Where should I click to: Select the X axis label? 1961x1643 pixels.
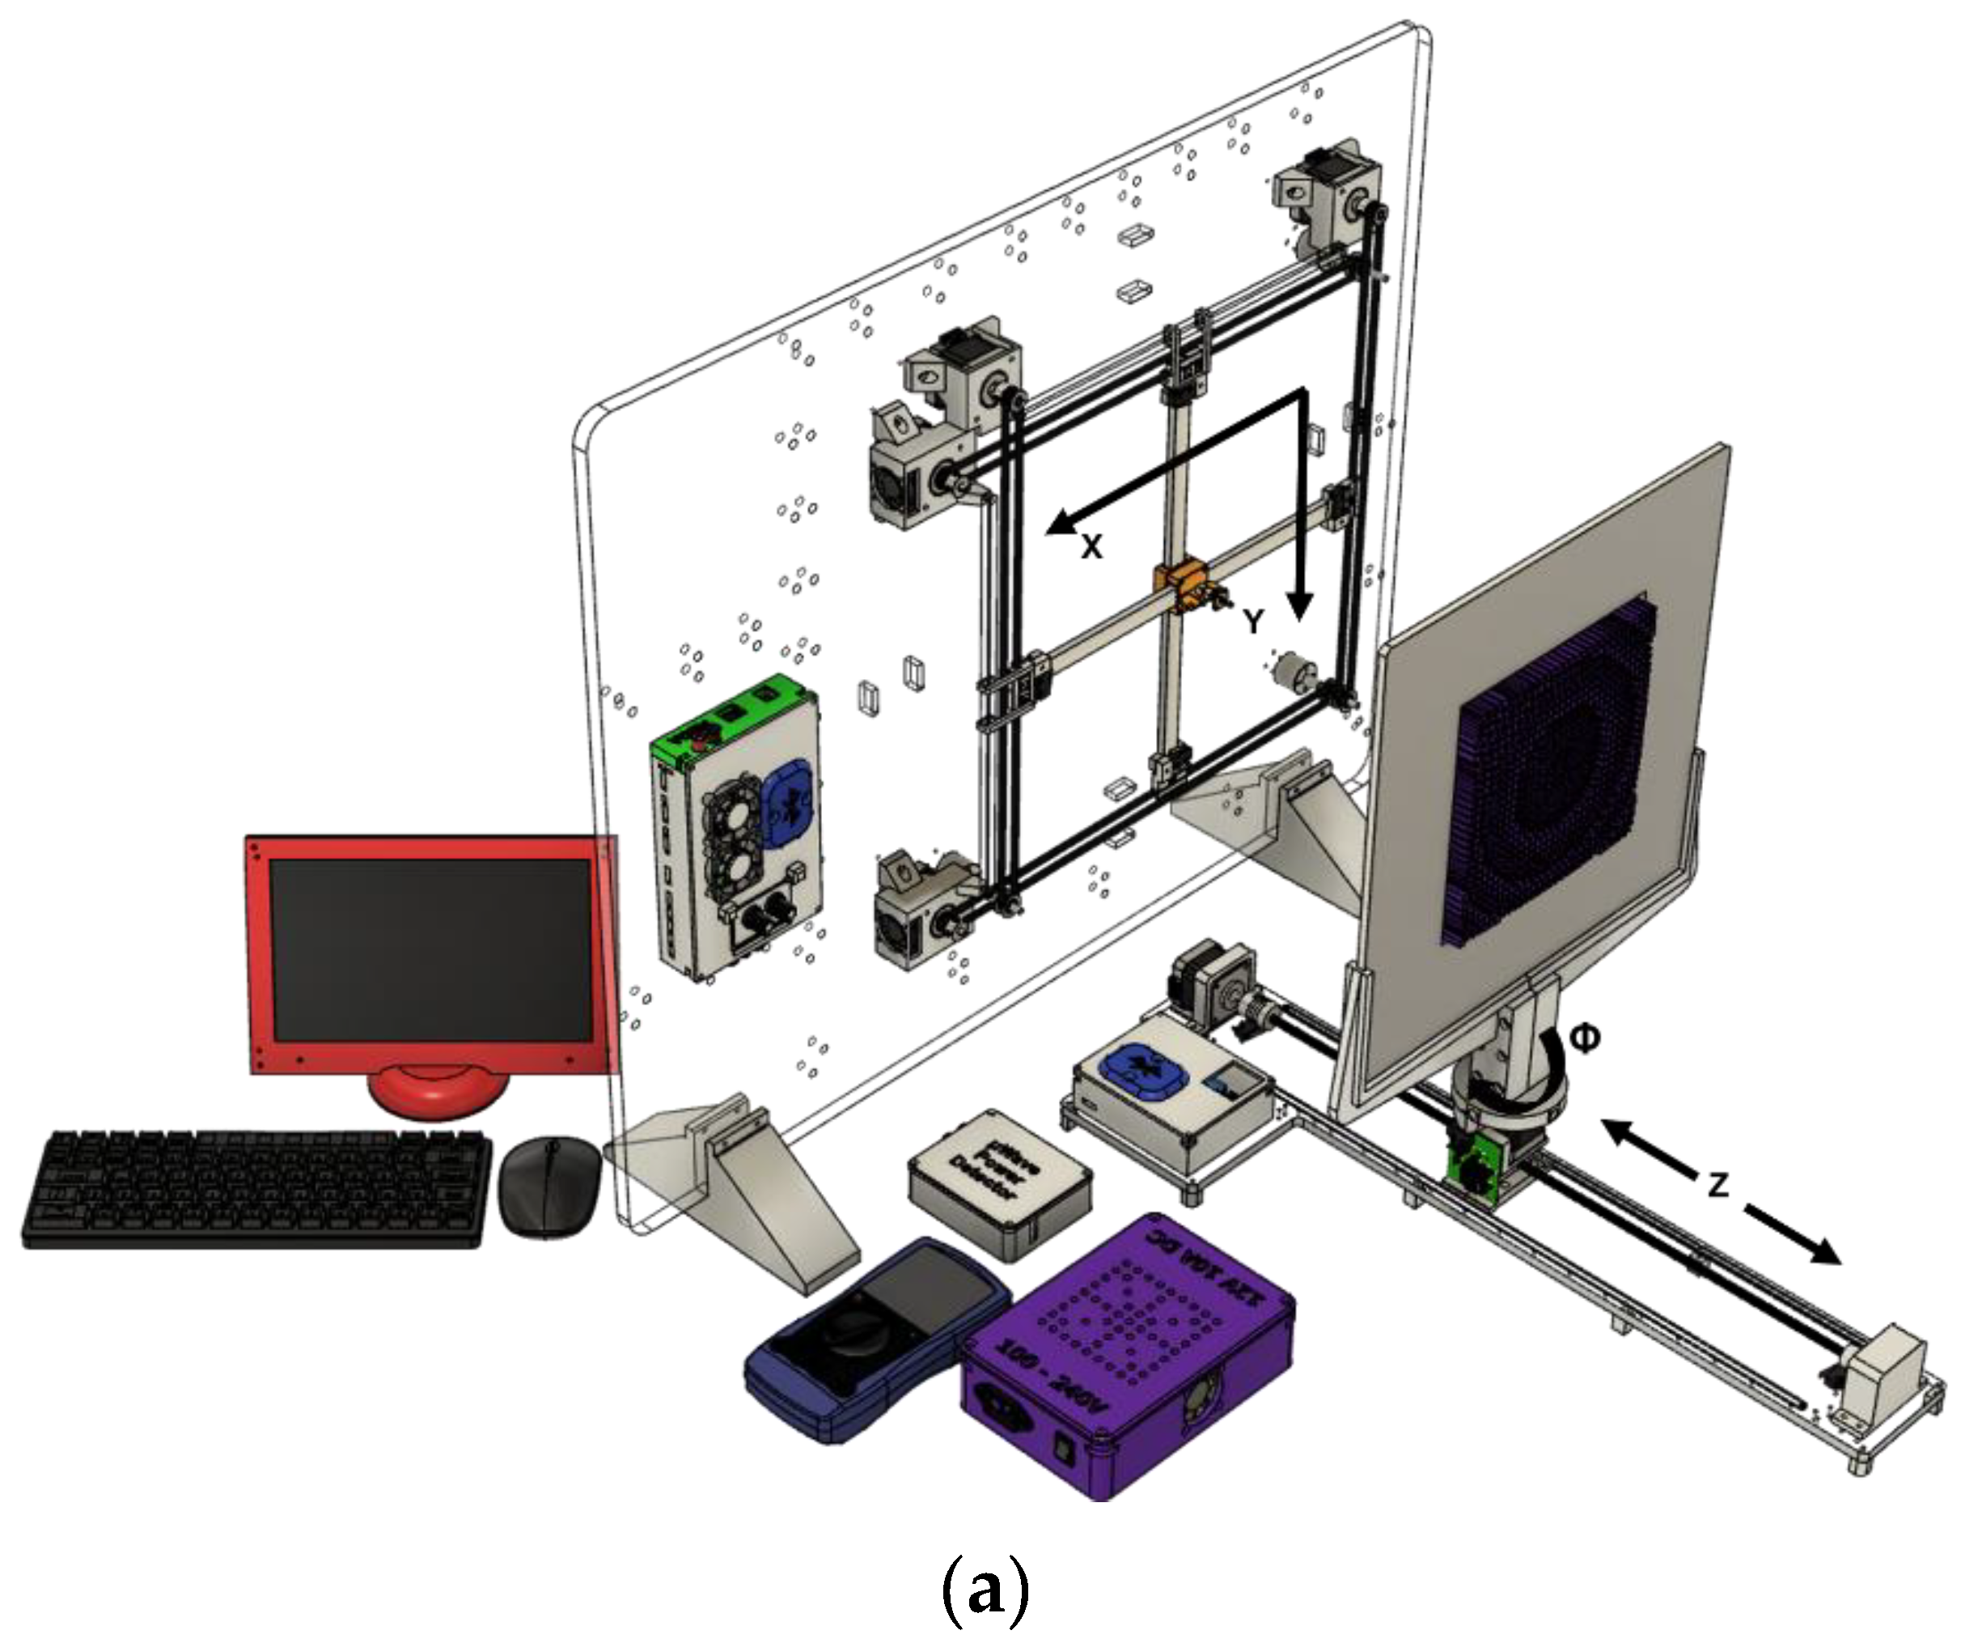pos(1091,547)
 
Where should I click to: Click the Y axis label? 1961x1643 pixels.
pos(1253,620)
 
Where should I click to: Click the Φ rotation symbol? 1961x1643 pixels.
pos(1584,1037)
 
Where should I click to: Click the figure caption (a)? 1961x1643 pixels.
pos(983,1590)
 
